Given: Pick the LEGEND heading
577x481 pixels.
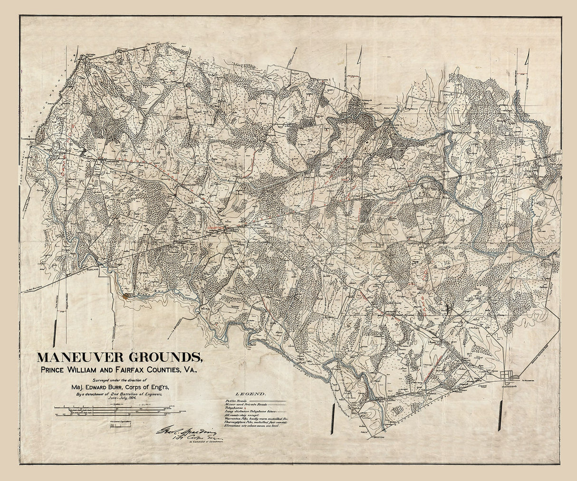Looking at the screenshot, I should coord(250,394).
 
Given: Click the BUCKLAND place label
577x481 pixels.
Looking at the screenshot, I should coord(99,269).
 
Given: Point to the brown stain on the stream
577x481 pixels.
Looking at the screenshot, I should coord(126,296).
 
